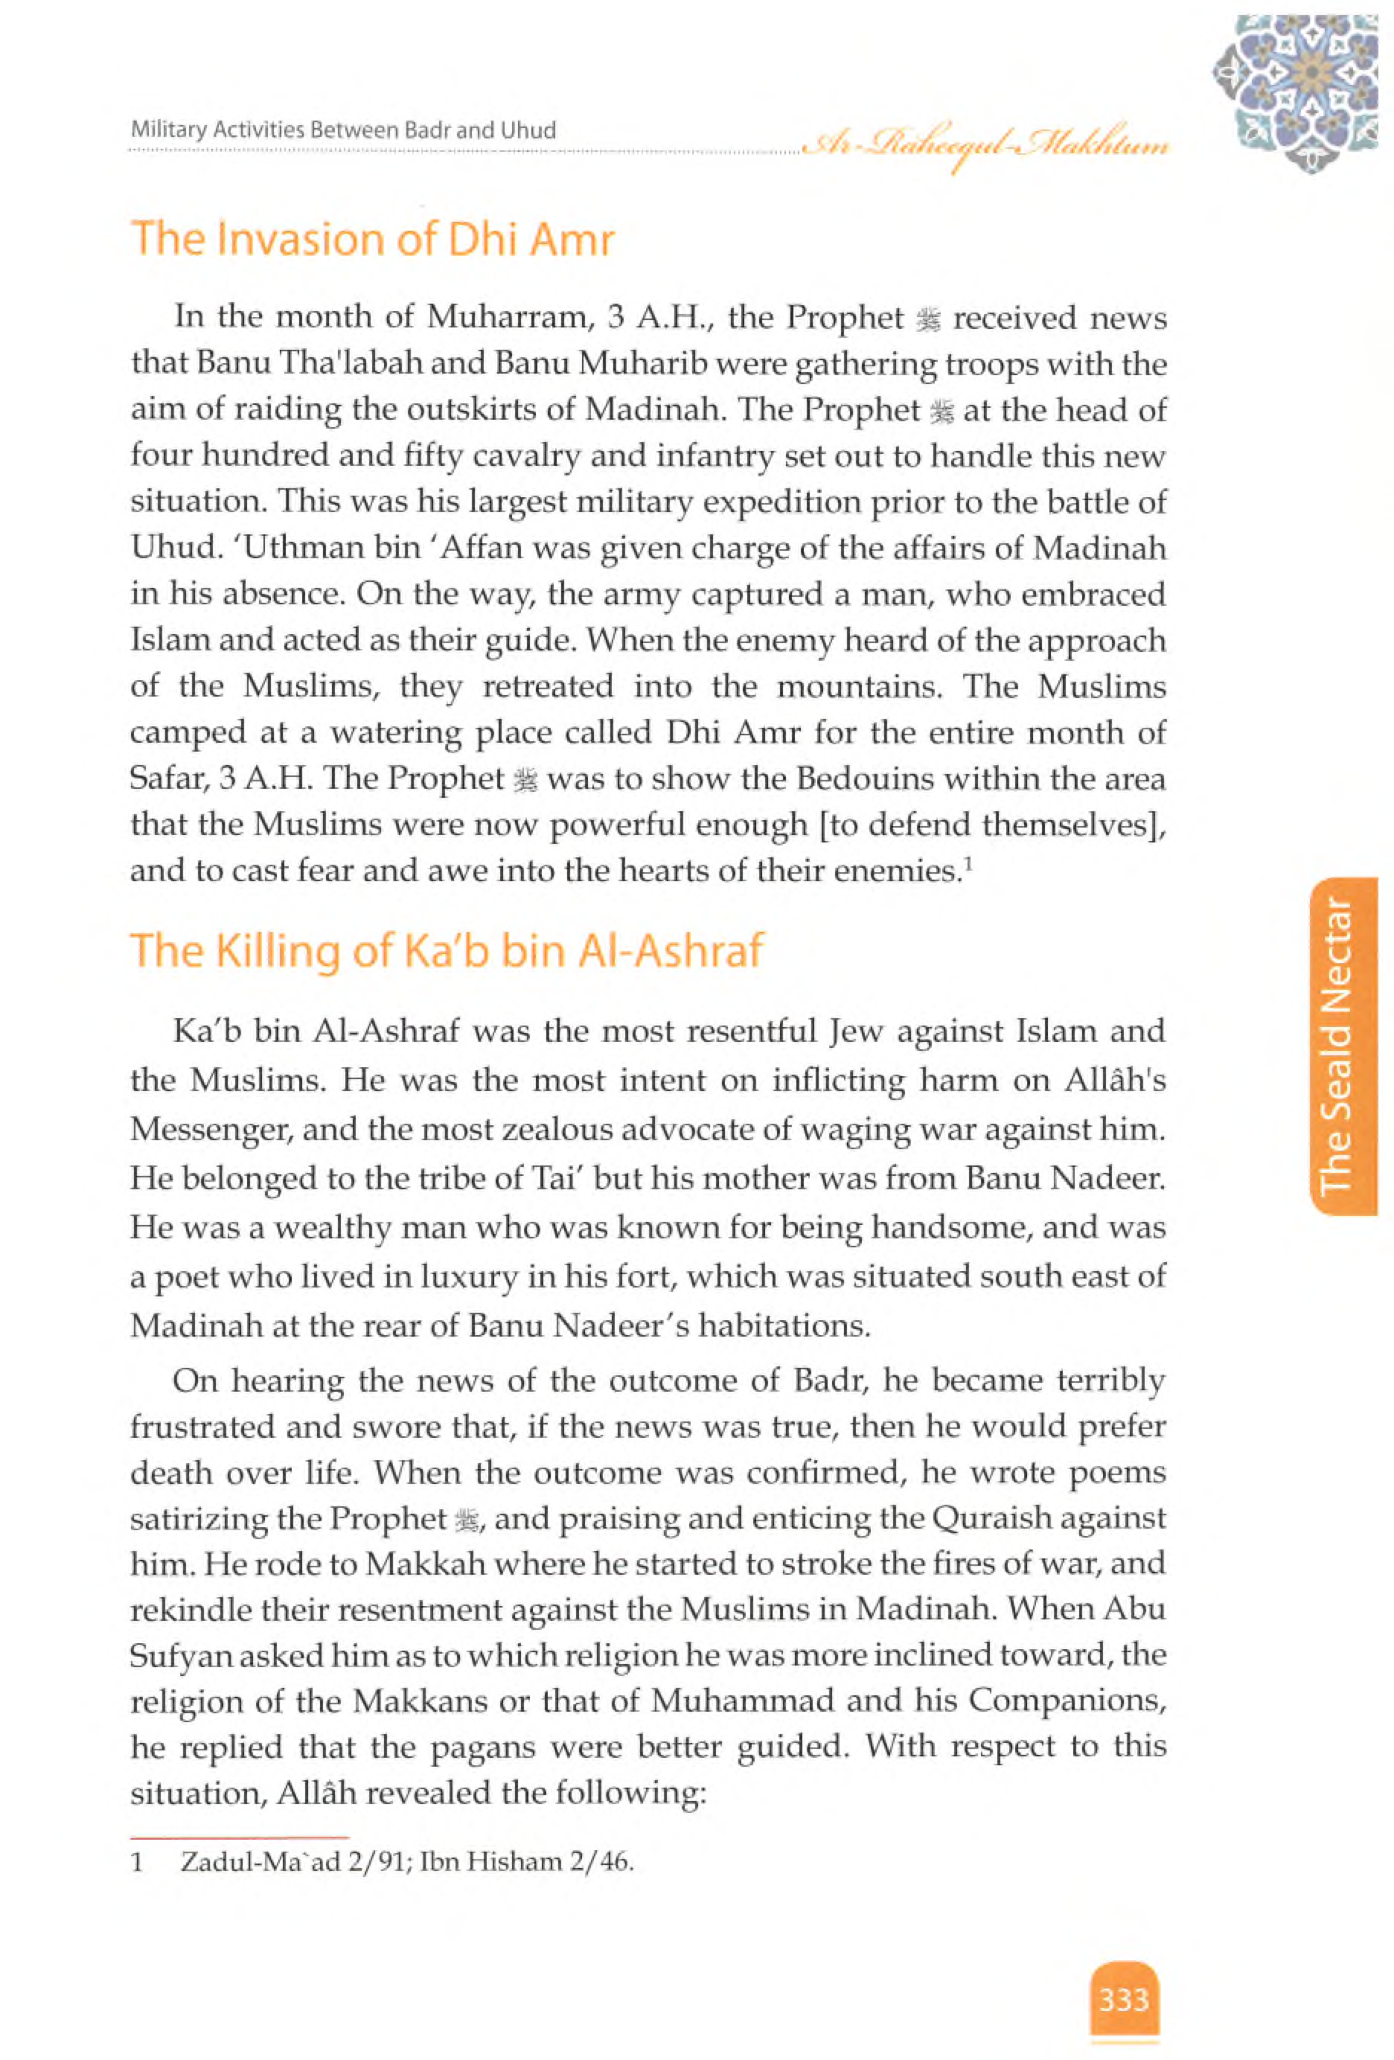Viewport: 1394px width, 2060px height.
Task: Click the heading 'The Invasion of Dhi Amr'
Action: pos(372,240)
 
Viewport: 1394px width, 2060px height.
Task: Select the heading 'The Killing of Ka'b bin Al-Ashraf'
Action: pos(446,950)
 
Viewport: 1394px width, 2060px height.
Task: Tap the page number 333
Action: pos(1124,2000)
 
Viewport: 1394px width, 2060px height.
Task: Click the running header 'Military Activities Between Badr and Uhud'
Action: pos(343,130)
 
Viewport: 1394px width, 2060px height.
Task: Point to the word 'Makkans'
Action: pos(415,1702)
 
